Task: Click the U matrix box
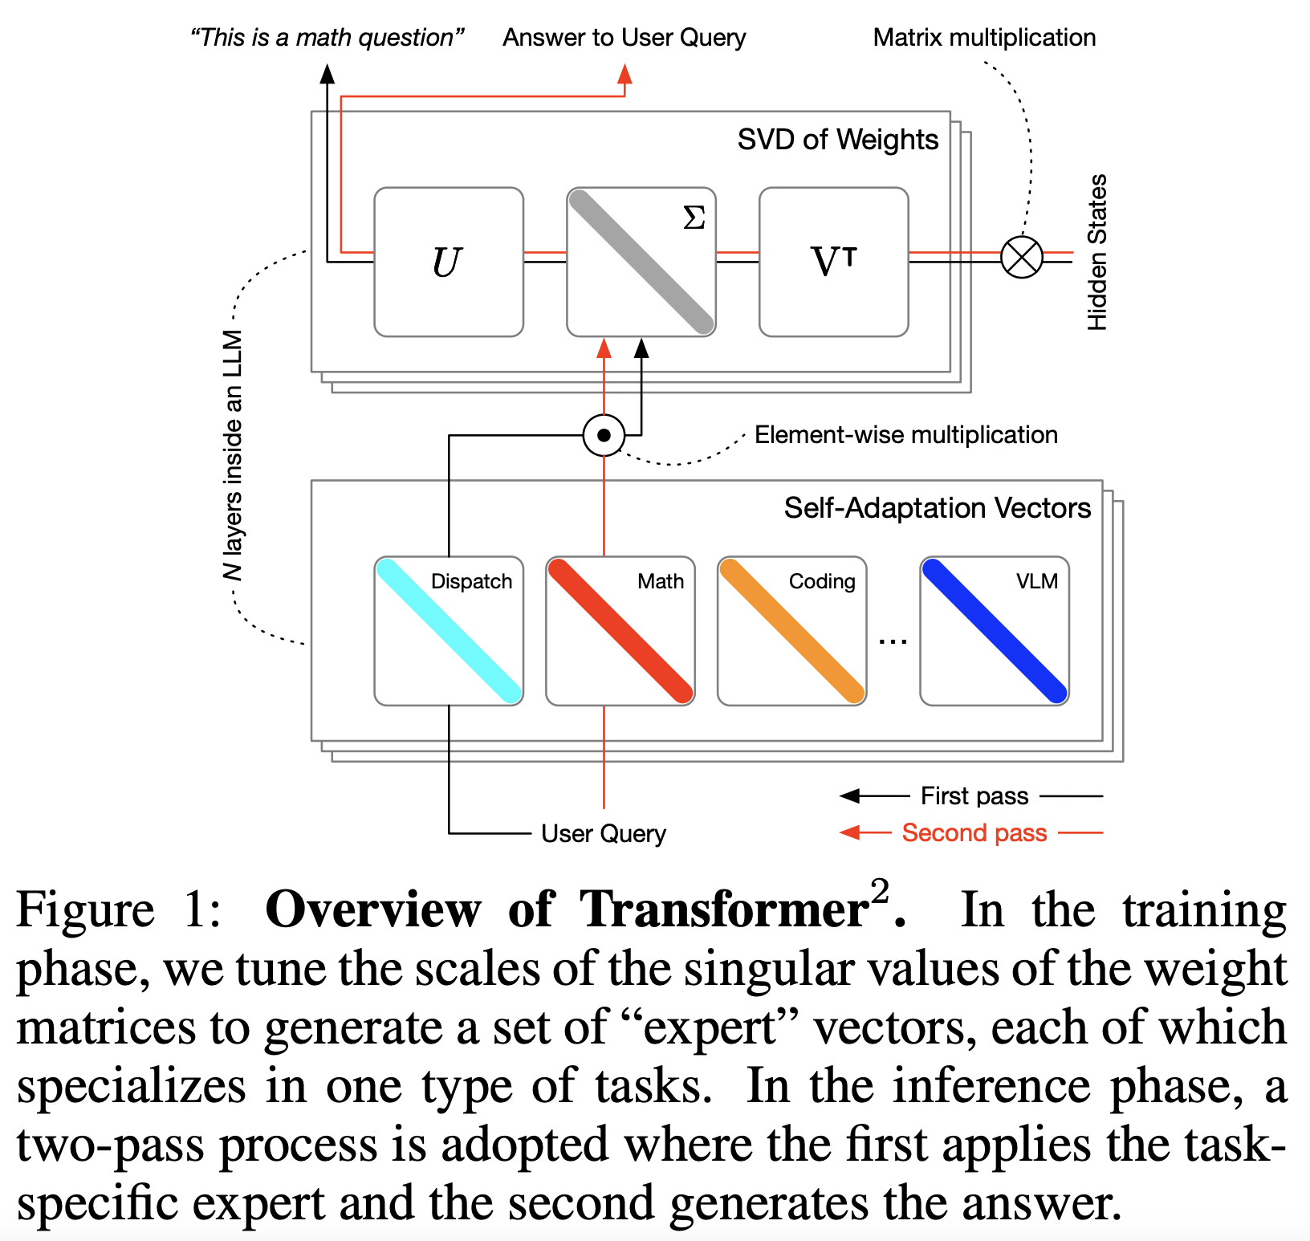tap(449, 262)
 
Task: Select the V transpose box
tap(833, 262)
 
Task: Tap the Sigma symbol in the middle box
tap(694, 218)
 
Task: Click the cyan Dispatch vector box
tap(449, 631)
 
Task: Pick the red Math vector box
tap(620, 631)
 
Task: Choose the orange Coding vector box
tap(791, 631)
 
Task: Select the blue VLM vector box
tap(994, 631)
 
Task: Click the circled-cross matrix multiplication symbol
tap(1021, 258)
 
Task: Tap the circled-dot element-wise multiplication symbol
tap(604, 435)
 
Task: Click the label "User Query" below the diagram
tap(604, 833)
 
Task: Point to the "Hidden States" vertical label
tap(1096, 252)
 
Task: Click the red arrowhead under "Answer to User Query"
tap(624, 75)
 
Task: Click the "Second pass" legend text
tap(974, 832)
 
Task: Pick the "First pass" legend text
tap(974, 795)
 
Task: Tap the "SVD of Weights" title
tap(837, 140)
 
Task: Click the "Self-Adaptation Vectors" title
tap(937, 508)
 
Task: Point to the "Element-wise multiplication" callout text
tap(905, 435)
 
